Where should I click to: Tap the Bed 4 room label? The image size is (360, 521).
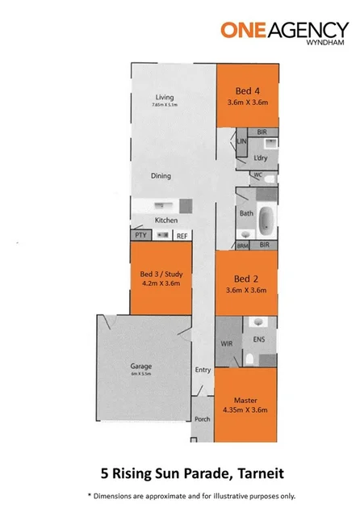(x=247, y=91)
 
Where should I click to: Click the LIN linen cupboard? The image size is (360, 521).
(x=241, y=141)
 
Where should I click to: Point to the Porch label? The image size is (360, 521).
(x=202, y=419)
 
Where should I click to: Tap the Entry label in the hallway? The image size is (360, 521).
(x=202, y=370)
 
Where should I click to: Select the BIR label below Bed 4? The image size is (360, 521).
(x=262, y=132)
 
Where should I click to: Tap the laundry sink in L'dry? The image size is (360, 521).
(x=271, y=142)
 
